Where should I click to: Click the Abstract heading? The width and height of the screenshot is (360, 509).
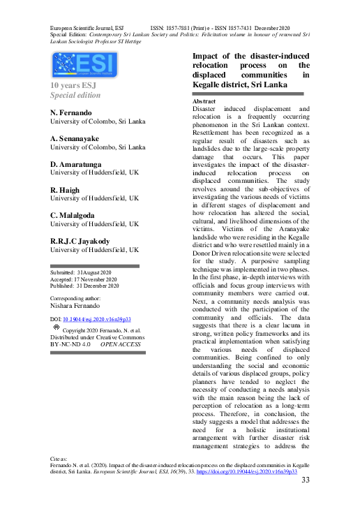[204, 102]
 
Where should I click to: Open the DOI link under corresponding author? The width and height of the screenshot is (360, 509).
[96, 318]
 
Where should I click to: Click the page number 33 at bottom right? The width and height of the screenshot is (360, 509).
[305, 481]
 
